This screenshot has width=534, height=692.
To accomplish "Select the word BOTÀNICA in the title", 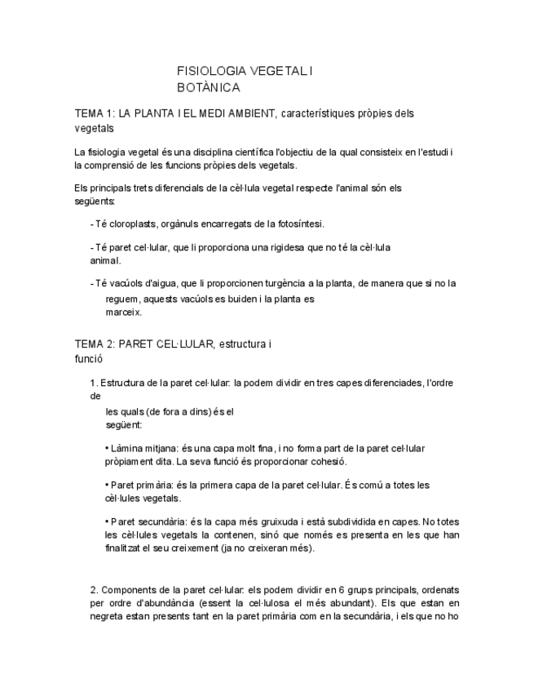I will [209, 86].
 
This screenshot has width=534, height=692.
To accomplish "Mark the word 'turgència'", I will [282, 284].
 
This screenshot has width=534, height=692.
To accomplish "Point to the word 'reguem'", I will [123, 299].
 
